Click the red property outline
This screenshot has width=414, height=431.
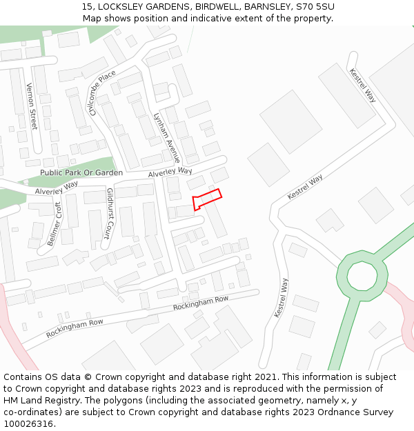point(207,199)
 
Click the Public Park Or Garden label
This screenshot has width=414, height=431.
point(81,172)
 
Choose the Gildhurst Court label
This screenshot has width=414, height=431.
point(109,213)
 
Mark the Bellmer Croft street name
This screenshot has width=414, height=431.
point(55,224)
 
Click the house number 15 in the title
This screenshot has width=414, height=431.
point(86,7)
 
